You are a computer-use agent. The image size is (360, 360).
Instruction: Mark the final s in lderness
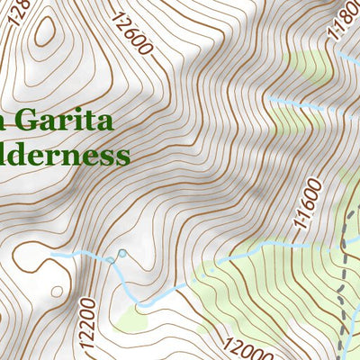pyautogui.click(x=123, y=157)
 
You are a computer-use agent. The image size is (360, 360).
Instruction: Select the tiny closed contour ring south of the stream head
pyautogui.click(x=56, y=292)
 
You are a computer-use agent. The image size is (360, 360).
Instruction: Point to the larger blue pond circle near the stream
pyautogui.click(x=121, y=254)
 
